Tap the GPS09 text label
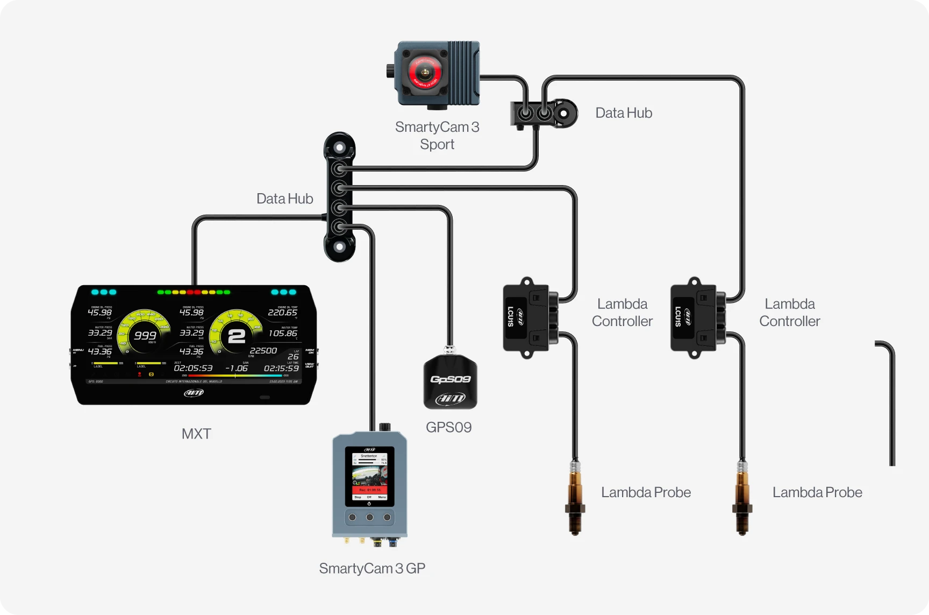[x=448, y=427]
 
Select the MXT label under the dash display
[x=196, y=434]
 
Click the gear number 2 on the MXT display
[x=237, y=336]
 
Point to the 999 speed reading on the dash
[x=145, y=336]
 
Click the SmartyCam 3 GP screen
[x=369, y=476]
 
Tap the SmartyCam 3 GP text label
[x=372, y=568]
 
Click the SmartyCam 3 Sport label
[x=437, y=135]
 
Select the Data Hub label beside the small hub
[x=624, y=113]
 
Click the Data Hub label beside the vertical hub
[x=284, y=199]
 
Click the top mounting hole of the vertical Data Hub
[x=340, y=147]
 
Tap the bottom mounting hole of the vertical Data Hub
[x=340, y=248]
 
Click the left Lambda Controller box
[x=525, y=318]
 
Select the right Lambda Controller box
[x=693, y=318]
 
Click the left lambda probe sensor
[x=575, y=498]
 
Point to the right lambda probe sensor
[x=742, y=498]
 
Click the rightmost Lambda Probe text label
[x=817, y=492]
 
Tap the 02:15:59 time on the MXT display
[x=281, y=369]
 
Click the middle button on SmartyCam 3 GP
[x=369, y=518]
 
